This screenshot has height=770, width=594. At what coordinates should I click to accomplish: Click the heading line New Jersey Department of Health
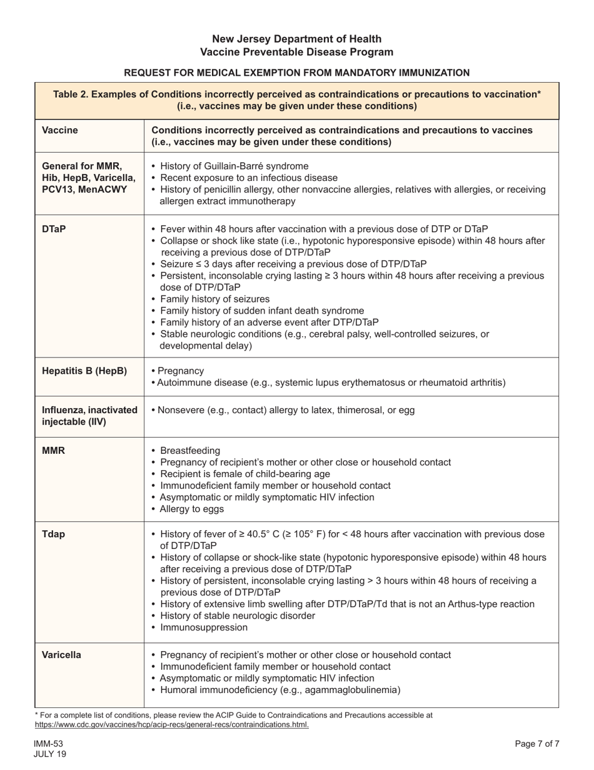(296, 39)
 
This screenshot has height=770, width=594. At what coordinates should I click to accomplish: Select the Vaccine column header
(60, 130)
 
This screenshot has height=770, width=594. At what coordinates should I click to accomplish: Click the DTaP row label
(54, 229)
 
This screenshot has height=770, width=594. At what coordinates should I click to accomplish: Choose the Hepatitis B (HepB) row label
(84, 371)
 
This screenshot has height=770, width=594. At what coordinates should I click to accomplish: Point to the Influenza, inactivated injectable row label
(89, 416)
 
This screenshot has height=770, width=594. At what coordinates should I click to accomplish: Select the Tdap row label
(53, 534)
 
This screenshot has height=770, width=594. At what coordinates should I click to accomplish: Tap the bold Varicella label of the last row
(61, 655)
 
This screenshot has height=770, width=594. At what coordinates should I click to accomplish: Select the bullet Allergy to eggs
(191, 509)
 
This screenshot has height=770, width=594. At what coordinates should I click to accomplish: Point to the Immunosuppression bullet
(204, 627)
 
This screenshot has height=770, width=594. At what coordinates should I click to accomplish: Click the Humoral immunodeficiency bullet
(279, 690)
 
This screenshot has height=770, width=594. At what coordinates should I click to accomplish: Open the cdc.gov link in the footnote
(171, 724)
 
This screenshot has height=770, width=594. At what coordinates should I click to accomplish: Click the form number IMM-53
(49, 744)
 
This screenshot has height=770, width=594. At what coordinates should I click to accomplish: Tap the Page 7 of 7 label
(536, 744)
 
